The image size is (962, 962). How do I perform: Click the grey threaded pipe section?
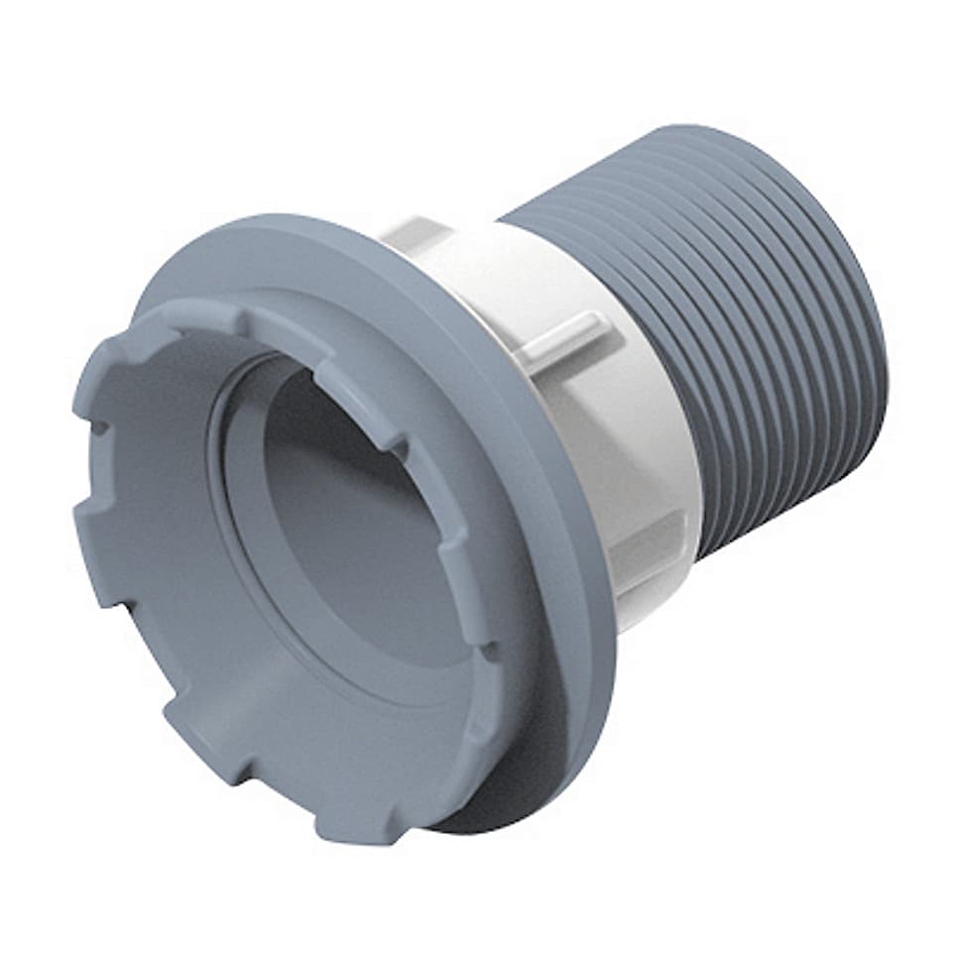point(754,327)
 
